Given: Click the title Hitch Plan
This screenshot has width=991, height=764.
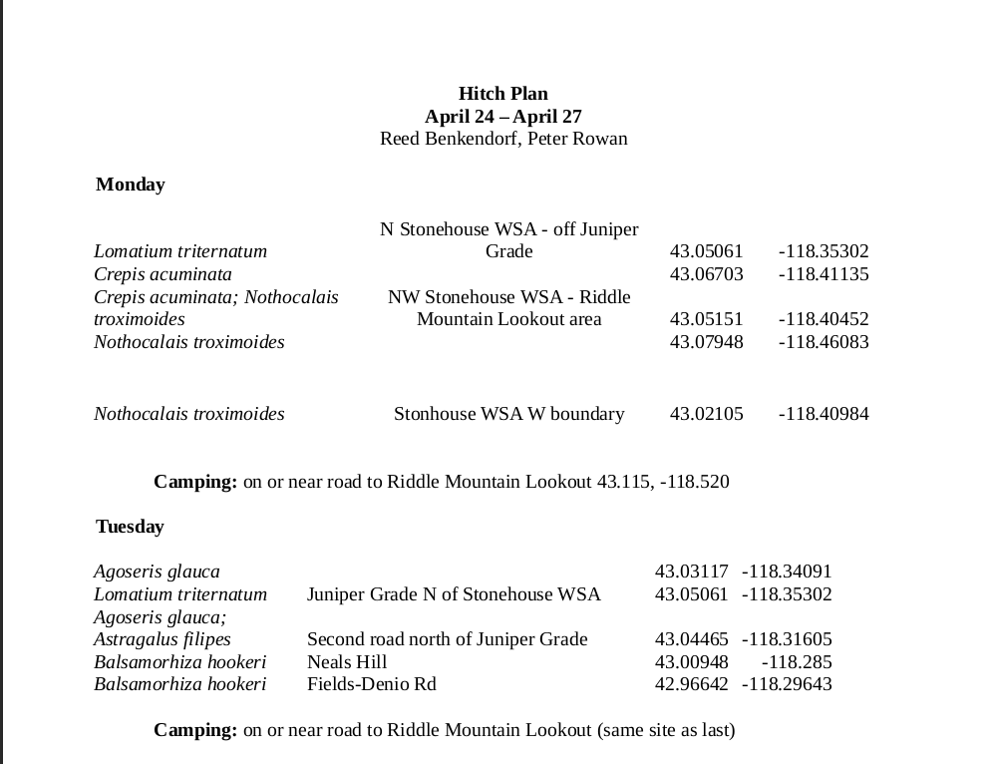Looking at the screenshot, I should (502, 94).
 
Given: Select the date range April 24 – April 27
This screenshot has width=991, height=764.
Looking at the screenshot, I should (502, 117).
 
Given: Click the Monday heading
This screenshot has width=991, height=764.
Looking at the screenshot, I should (131, 185).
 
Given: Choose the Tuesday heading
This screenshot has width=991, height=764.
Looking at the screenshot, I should (130, 527).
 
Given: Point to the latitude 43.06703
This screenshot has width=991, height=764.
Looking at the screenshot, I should (706, 274).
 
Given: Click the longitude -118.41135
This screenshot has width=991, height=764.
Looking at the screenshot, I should (823, 274).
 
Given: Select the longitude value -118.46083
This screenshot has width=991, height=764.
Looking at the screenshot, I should (823, 342).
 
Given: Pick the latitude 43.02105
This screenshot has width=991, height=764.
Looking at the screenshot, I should (706, 414).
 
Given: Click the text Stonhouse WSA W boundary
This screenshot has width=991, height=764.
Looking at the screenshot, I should (508, 414).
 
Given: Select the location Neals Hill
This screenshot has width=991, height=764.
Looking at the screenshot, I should (347, 662).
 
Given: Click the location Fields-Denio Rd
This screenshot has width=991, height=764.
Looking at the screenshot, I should (371, 684).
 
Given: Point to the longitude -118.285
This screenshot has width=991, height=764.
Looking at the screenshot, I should (796, 662).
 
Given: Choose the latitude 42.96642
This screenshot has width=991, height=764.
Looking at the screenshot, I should (691, 684).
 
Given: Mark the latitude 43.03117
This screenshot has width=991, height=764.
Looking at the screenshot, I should (691, 572).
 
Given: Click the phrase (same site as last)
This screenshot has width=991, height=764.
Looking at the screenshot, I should (666, 730).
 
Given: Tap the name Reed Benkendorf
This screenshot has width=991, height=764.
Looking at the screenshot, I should (448, 139).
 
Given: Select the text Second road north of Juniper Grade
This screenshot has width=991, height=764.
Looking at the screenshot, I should (447, 639).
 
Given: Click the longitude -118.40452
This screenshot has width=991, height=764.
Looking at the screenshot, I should (823, 319).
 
